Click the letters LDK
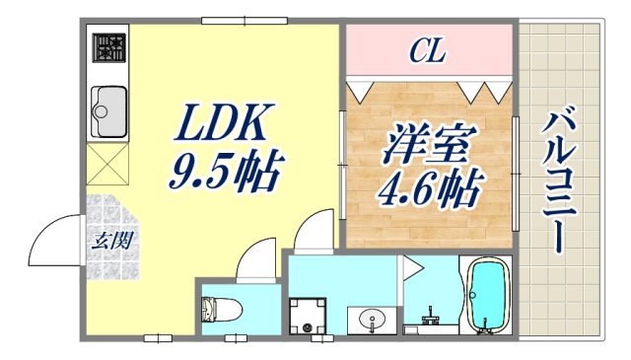tap(222, 125)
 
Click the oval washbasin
tap(373, 319)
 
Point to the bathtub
tap(485, 296)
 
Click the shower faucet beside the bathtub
tap(430, 319)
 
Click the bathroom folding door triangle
tap(409, 266)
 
